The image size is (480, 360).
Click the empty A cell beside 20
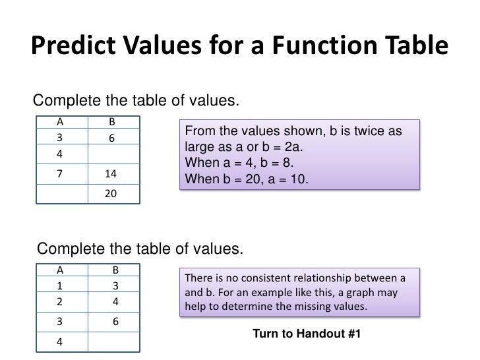[x=61, y=195]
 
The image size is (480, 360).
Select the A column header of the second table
[x=60, y=269]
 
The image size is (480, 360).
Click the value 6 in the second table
[x=115, y=323]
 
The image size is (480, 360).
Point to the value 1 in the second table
[x=60, y=286]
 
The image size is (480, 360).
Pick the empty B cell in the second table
[x=113, y=342]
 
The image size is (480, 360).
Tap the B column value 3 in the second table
[x=115, y=286]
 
